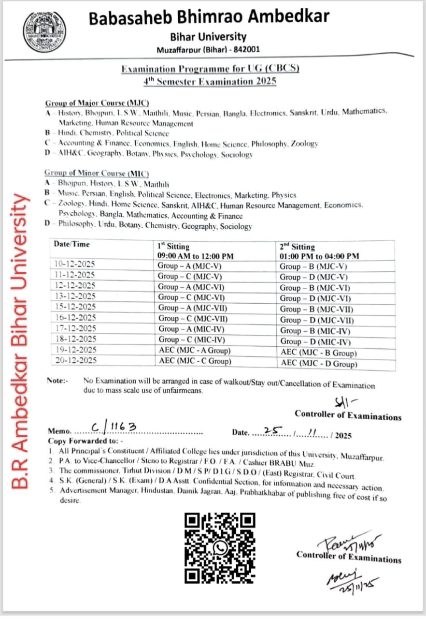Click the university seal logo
(x=44, y=32)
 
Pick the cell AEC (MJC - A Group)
(x=194, y=351)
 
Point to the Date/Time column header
(x=72, y=244)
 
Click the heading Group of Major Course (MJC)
(x=97, y=103)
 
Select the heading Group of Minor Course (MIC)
(x=97, y=173)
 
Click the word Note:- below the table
(x=57, y=381)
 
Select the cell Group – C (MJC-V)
(x=190, y=277)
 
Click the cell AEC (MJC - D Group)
(x=319, y=364)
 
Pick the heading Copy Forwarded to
(x=85, y=441)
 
